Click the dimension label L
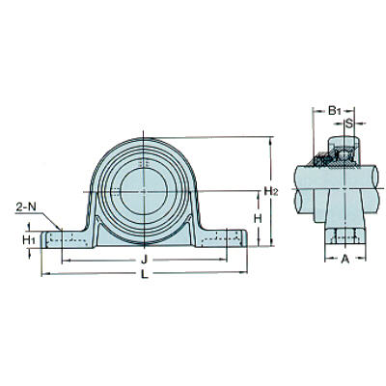pyautogui.click(x=145, y=274)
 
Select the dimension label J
pyautogui.click(x=145, y=260)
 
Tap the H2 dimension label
pyautogui.click(x=270, y=191)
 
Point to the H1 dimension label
pyautogui.click(x=29, y=239)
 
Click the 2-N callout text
pyautogui.click(x=26, y=207)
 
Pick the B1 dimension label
pyautogui.click(x=334, y=111)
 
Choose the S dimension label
pyautogui.click(x=349, y=123)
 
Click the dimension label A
pyautogui.click(x=345, y=259)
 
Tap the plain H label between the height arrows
pyautogui.click(x=258, y=219)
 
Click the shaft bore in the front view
pyautogui.click(x=144, y=192)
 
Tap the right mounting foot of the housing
pyautogui.click(x=221, y=238)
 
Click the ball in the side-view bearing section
pyautogui.click(x=345, y=154)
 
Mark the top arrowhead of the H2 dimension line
pyautogui.click(x=272, y=140)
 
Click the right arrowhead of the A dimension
pyautogui.click(x=363, y=258)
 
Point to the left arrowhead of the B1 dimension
pyautogui.click(x=316, y=111)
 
